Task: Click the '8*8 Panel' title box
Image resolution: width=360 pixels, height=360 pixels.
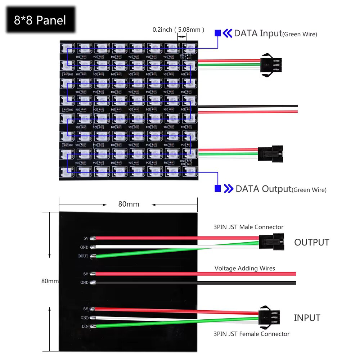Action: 40,20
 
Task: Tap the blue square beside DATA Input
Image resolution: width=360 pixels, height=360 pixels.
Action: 218,33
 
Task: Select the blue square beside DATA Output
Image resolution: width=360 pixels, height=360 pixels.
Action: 218,188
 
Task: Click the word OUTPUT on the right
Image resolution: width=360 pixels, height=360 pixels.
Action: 311,242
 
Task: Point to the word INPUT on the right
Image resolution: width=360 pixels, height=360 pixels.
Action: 307,318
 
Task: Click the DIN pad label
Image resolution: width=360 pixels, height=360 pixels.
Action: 85,327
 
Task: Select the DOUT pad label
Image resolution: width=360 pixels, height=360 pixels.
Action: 83,256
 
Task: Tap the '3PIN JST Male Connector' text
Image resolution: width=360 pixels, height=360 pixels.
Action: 248,227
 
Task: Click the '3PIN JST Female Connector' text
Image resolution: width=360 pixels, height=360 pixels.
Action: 251,334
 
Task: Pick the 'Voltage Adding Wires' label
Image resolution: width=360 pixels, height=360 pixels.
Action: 245,268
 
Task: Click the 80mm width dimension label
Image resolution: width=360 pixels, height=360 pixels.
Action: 129,204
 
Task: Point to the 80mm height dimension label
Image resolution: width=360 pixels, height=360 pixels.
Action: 50,281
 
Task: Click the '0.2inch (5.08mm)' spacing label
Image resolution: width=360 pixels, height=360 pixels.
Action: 178,30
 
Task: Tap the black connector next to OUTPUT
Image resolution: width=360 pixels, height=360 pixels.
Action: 271,241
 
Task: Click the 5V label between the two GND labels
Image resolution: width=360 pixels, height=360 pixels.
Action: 86,274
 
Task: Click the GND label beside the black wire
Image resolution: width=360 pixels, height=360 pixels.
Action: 84,283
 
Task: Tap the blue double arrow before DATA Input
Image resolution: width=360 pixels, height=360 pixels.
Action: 228,33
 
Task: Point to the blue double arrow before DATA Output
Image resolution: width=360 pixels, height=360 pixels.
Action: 229,189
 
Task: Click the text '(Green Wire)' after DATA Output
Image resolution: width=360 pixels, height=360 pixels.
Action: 309,190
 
